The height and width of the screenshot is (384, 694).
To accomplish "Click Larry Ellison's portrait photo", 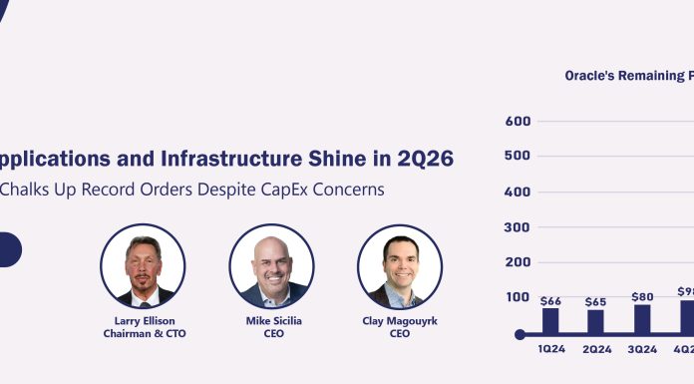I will [143, 265].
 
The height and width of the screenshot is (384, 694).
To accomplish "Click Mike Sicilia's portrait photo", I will [271, 265].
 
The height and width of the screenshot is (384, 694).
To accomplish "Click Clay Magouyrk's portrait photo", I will [400, 265].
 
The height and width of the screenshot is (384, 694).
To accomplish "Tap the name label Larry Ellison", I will [143, 321].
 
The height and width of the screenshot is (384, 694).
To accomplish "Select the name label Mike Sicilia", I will [272, 321].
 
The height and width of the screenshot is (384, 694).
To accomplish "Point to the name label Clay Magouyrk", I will [400, 321].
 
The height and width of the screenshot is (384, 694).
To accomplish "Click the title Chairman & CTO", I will [143, 334].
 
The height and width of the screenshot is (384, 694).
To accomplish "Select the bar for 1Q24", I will [550, 320].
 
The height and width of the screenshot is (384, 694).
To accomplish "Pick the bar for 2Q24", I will [596, 321].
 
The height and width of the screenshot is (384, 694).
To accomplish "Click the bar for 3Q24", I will [642, 318].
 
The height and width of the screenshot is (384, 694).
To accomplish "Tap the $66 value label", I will [550, 300].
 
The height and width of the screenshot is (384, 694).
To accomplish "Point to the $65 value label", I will [596, 301].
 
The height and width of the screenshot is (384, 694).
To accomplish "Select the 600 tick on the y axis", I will [519, 122].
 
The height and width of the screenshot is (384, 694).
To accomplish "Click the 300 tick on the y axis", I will [519, 227].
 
